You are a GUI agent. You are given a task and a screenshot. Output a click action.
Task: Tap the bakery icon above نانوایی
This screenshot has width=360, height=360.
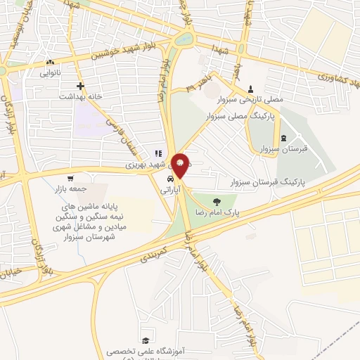[49, 62]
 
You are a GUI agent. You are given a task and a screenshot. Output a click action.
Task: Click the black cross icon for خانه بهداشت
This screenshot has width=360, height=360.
[81, 85]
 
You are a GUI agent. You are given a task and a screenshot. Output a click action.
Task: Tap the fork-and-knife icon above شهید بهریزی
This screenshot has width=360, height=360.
[158, 153]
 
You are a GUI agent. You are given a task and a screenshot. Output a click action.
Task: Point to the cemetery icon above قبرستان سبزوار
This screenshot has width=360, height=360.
[283, 138]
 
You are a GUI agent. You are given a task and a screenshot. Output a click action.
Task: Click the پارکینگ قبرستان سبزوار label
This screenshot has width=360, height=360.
[270, 181]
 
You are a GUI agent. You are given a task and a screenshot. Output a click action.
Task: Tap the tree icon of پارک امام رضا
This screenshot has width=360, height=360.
[225, 200]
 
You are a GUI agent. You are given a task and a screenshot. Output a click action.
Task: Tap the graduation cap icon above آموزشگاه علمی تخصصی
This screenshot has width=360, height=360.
[145, 340]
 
